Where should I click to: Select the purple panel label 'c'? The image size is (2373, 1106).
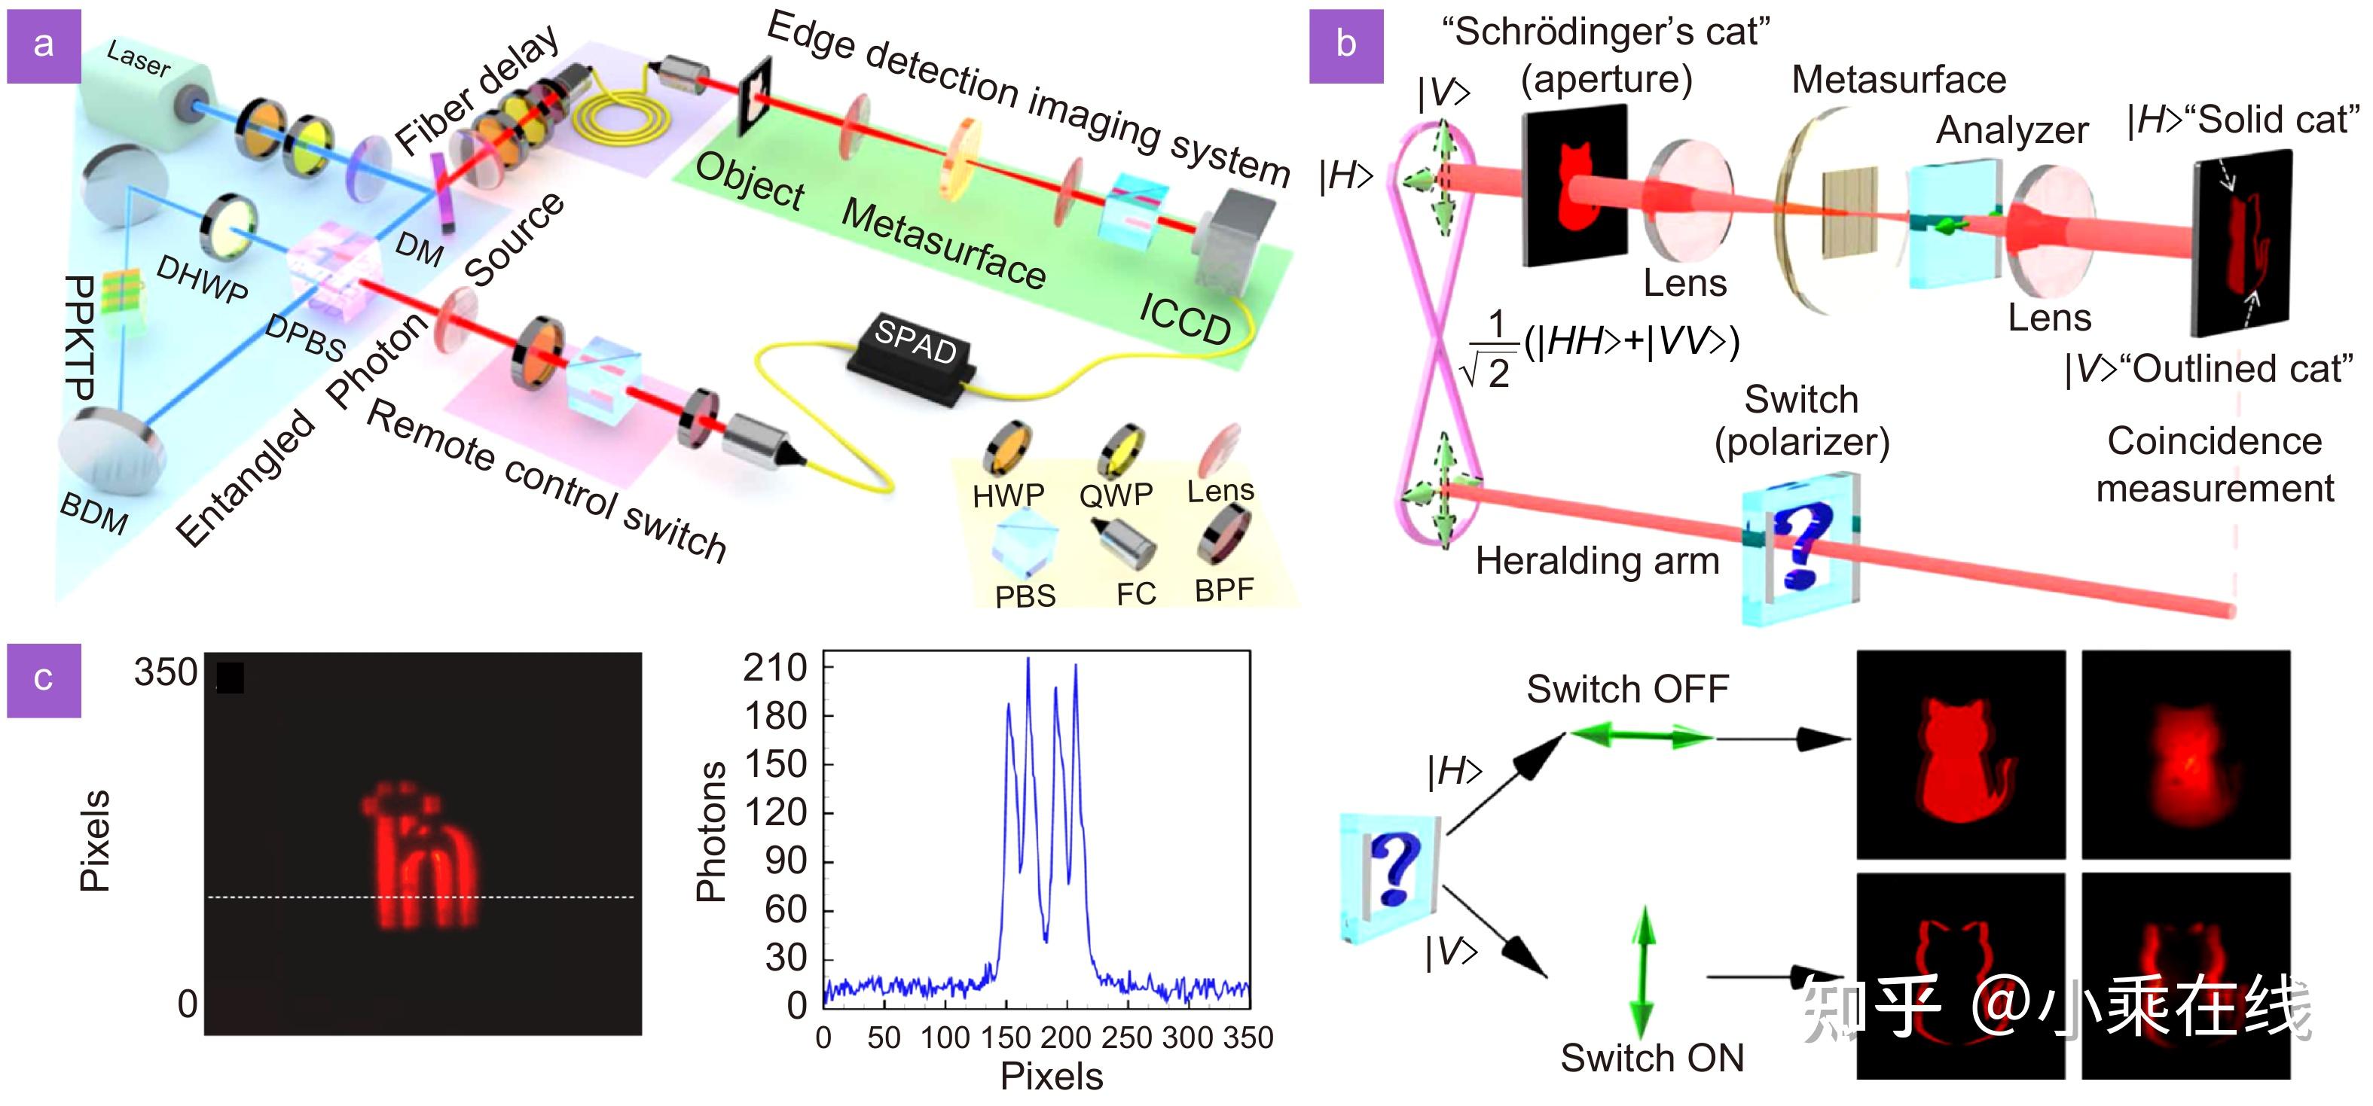point(43,680)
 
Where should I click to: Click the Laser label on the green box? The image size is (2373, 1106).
point(138,60)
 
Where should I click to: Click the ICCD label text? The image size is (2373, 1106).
point(1185,318)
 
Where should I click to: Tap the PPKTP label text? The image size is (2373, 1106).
point(81,336)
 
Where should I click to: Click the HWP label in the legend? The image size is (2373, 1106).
point(1008,495)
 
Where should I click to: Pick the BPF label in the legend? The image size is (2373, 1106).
point(1224,590)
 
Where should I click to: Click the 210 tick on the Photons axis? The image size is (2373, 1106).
point(776,668)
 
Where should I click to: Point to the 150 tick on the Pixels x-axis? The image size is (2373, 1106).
point(1005,1037)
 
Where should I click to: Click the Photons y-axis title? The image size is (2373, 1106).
point(710,830)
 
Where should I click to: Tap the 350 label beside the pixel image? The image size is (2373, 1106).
point(165,672)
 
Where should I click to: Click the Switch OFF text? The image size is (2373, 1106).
point(1627,689)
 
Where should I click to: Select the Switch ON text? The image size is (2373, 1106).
point(1652,1058)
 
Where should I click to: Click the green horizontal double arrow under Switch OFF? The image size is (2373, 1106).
point(1641,736)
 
